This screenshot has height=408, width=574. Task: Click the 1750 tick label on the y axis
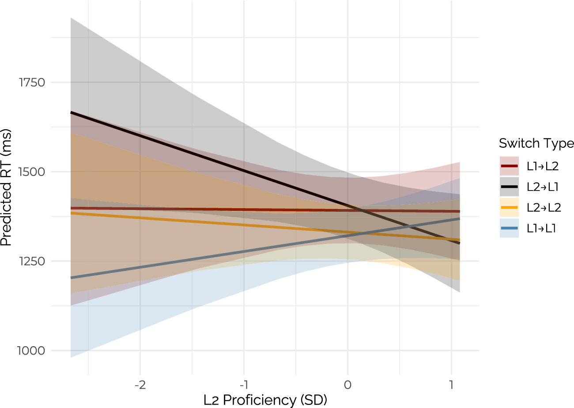(32, 82)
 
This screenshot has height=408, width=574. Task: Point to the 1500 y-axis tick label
(32, 172)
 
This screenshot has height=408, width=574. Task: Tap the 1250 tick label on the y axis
(32, 261)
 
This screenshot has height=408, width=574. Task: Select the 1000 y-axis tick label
(31, 351)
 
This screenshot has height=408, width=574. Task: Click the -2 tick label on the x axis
(140, 385)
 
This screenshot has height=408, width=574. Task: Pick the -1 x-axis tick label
(244, 385)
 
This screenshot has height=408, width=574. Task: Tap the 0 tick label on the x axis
(347, 385)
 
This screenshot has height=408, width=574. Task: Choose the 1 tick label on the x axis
(451, 385)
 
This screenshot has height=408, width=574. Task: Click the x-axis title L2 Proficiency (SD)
(265, 400)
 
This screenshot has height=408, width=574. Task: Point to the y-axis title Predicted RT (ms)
(6, 187)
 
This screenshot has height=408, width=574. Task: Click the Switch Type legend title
(536, 143)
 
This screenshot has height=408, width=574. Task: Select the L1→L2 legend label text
(543, 166)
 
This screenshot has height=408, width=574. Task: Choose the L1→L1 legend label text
(541, 228)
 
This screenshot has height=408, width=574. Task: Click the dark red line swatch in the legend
(509, 166)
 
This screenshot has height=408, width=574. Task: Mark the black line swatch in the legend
(509, 187)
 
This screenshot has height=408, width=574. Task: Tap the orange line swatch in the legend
(509, 207)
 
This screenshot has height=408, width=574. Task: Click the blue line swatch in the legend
(509, 228)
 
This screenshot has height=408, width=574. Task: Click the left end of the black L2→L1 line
(71, 112)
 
